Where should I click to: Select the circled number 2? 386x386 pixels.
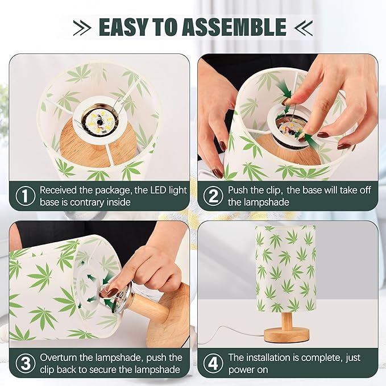pos(213,196)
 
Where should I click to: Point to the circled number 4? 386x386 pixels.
pos(213,364)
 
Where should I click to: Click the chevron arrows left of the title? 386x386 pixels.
pos(82,27)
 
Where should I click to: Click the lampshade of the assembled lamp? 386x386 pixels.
pos(285,267)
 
